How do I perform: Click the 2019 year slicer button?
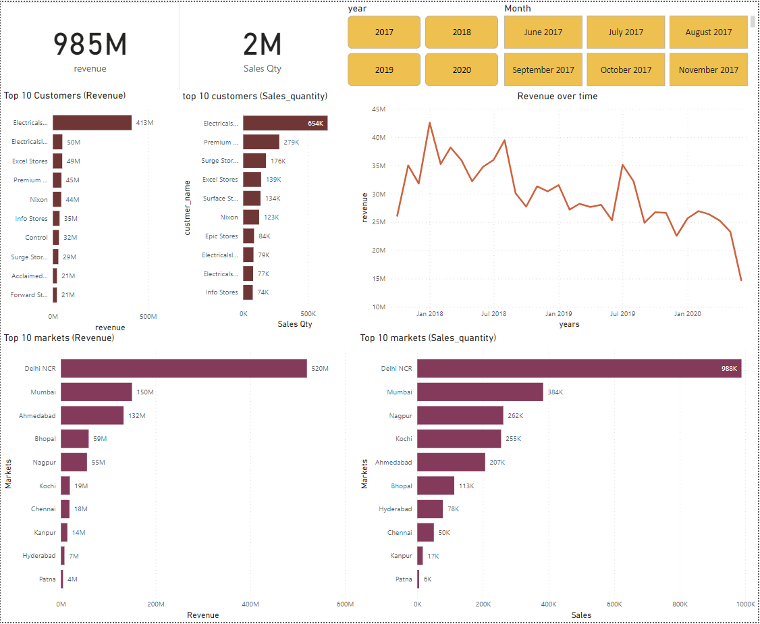tap(384, 70)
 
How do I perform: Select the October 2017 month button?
tap(626, 70)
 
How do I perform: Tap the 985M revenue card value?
tap(90, 44)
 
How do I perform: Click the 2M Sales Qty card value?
tap(262, 44)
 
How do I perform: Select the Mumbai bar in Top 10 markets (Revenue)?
tap(96, 392)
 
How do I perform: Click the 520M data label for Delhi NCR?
tap(319, 369)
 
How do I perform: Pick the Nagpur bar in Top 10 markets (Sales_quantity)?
tap(460, 415)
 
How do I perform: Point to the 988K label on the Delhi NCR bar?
tap(729, 369)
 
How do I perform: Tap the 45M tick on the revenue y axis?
tap(379, 109)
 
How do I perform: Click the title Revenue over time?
tap(557, 96)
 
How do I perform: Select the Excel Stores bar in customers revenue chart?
tap(57, 161)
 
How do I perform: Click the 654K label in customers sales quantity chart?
tap(315, 124)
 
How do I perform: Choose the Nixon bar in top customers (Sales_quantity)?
tap(251, 217)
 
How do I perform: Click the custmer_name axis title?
tap(188, 208)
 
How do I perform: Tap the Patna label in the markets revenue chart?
tap(47, 579)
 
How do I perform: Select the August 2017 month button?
tap(708, 32)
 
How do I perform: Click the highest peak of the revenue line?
tap(429, 123)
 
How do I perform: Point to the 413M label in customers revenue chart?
tap(144, 123)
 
